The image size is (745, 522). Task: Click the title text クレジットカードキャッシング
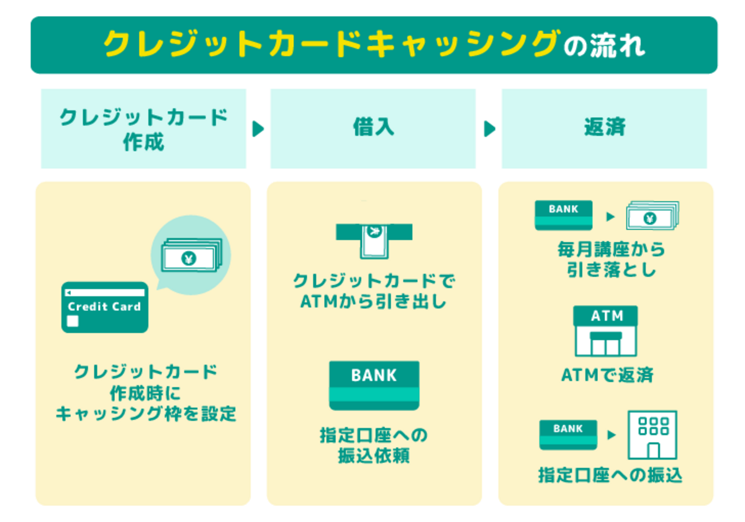330,45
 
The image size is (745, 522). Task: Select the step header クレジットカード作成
143,129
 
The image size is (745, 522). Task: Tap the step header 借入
373,128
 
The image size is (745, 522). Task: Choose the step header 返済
604,128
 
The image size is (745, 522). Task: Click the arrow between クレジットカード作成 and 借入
258,129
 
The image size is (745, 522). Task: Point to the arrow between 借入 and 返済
489,129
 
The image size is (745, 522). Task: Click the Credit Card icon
104,307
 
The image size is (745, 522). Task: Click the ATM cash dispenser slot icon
374,239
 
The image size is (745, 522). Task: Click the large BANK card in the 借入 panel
374,385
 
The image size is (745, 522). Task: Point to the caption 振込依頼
374,456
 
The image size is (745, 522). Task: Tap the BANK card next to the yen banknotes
564,215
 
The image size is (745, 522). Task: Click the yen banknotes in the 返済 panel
651,216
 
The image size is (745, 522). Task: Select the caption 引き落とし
612,270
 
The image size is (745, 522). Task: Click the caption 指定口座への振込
610,476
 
